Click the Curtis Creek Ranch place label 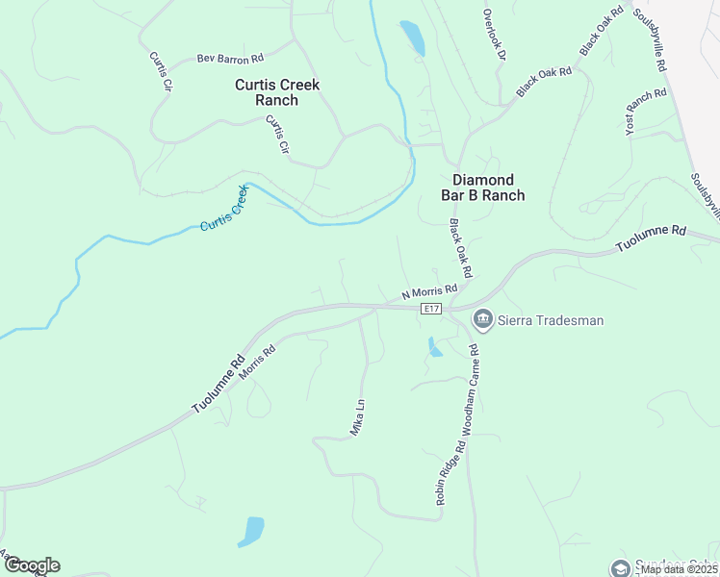pyautogui.click(x=277, y=92)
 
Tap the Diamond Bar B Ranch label pyautogui.click(x=489, y=188)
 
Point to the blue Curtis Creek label pyautogui.click(x=223, y=210)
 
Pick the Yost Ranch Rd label pyautogui.click(x=646, y=112)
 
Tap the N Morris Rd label pyautogui.click(x=429, y=290)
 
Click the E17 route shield pyautogui.click(x=431, y=309)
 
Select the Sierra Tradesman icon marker pyautogui.click(x=482, y=319)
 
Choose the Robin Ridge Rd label pyautogui.click(x=450, y=474)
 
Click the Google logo pyautogui.click(x=31, y=565)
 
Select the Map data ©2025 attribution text pyautogui.click(x=679, y=569)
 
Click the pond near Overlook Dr pyautogui.click(x=412, y=38)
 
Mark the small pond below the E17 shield pyautogui.click(x=435, y=347)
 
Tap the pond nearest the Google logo pyautogui.click(x=251, y=531)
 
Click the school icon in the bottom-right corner pyautogui.click(x=618, y=567)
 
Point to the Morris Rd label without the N pyautogui.click(x=257, y=361)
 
